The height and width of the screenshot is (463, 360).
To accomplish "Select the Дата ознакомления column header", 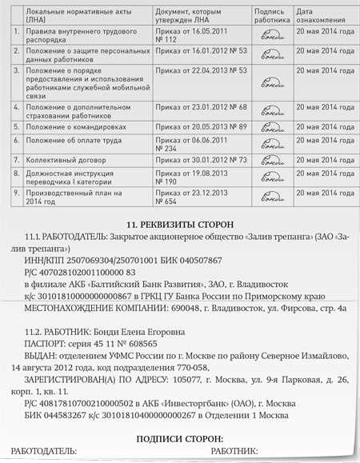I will click(x=318, y=16).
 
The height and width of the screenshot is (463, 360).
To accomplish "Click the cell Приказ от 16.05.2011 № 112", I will click(x=190, y=34).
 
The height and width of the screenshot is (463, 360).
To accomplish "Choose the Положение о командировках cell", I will click(x=73, y=126).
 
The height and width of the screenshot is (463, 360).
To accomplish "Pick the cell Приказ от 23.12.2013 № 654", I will click(x=190, y=198).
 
